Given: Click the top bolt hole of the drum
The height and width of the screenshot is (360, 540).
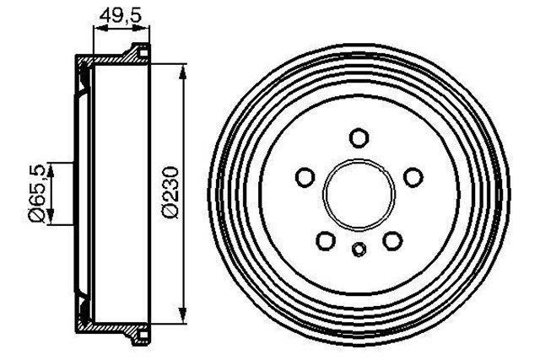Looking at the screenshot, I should tap(359, 137).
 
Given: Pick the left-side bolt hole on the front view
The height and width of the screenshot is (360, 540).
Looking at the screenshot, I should tap(305, 177).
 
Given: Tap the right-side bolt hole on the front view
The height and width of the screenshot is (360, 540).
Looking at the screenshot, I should tap(413, 177).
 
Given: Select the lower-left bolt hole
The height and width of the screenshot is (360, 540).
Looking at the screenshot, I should tap(326, 240).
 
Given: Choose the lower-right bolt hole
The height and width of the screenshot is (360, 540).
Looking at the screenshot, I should tap(391, 240).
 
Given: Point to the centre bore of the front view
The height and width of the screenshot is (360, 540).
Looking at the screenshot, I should tap(359, 193).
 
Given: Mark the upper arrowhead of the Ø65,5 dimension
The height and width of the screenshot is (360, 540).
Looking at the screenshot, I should tap(52, 168).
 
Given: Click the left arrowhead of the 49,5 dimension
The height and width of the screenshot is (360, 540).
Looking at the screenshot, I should tap(95, 28).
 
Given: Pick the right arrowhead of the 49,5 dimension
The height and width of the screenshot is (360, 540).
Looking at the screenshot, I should tap(148, 28).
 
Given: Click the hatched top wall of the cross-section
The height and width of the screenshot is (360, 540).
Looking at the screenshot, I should tap(110, 62).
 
